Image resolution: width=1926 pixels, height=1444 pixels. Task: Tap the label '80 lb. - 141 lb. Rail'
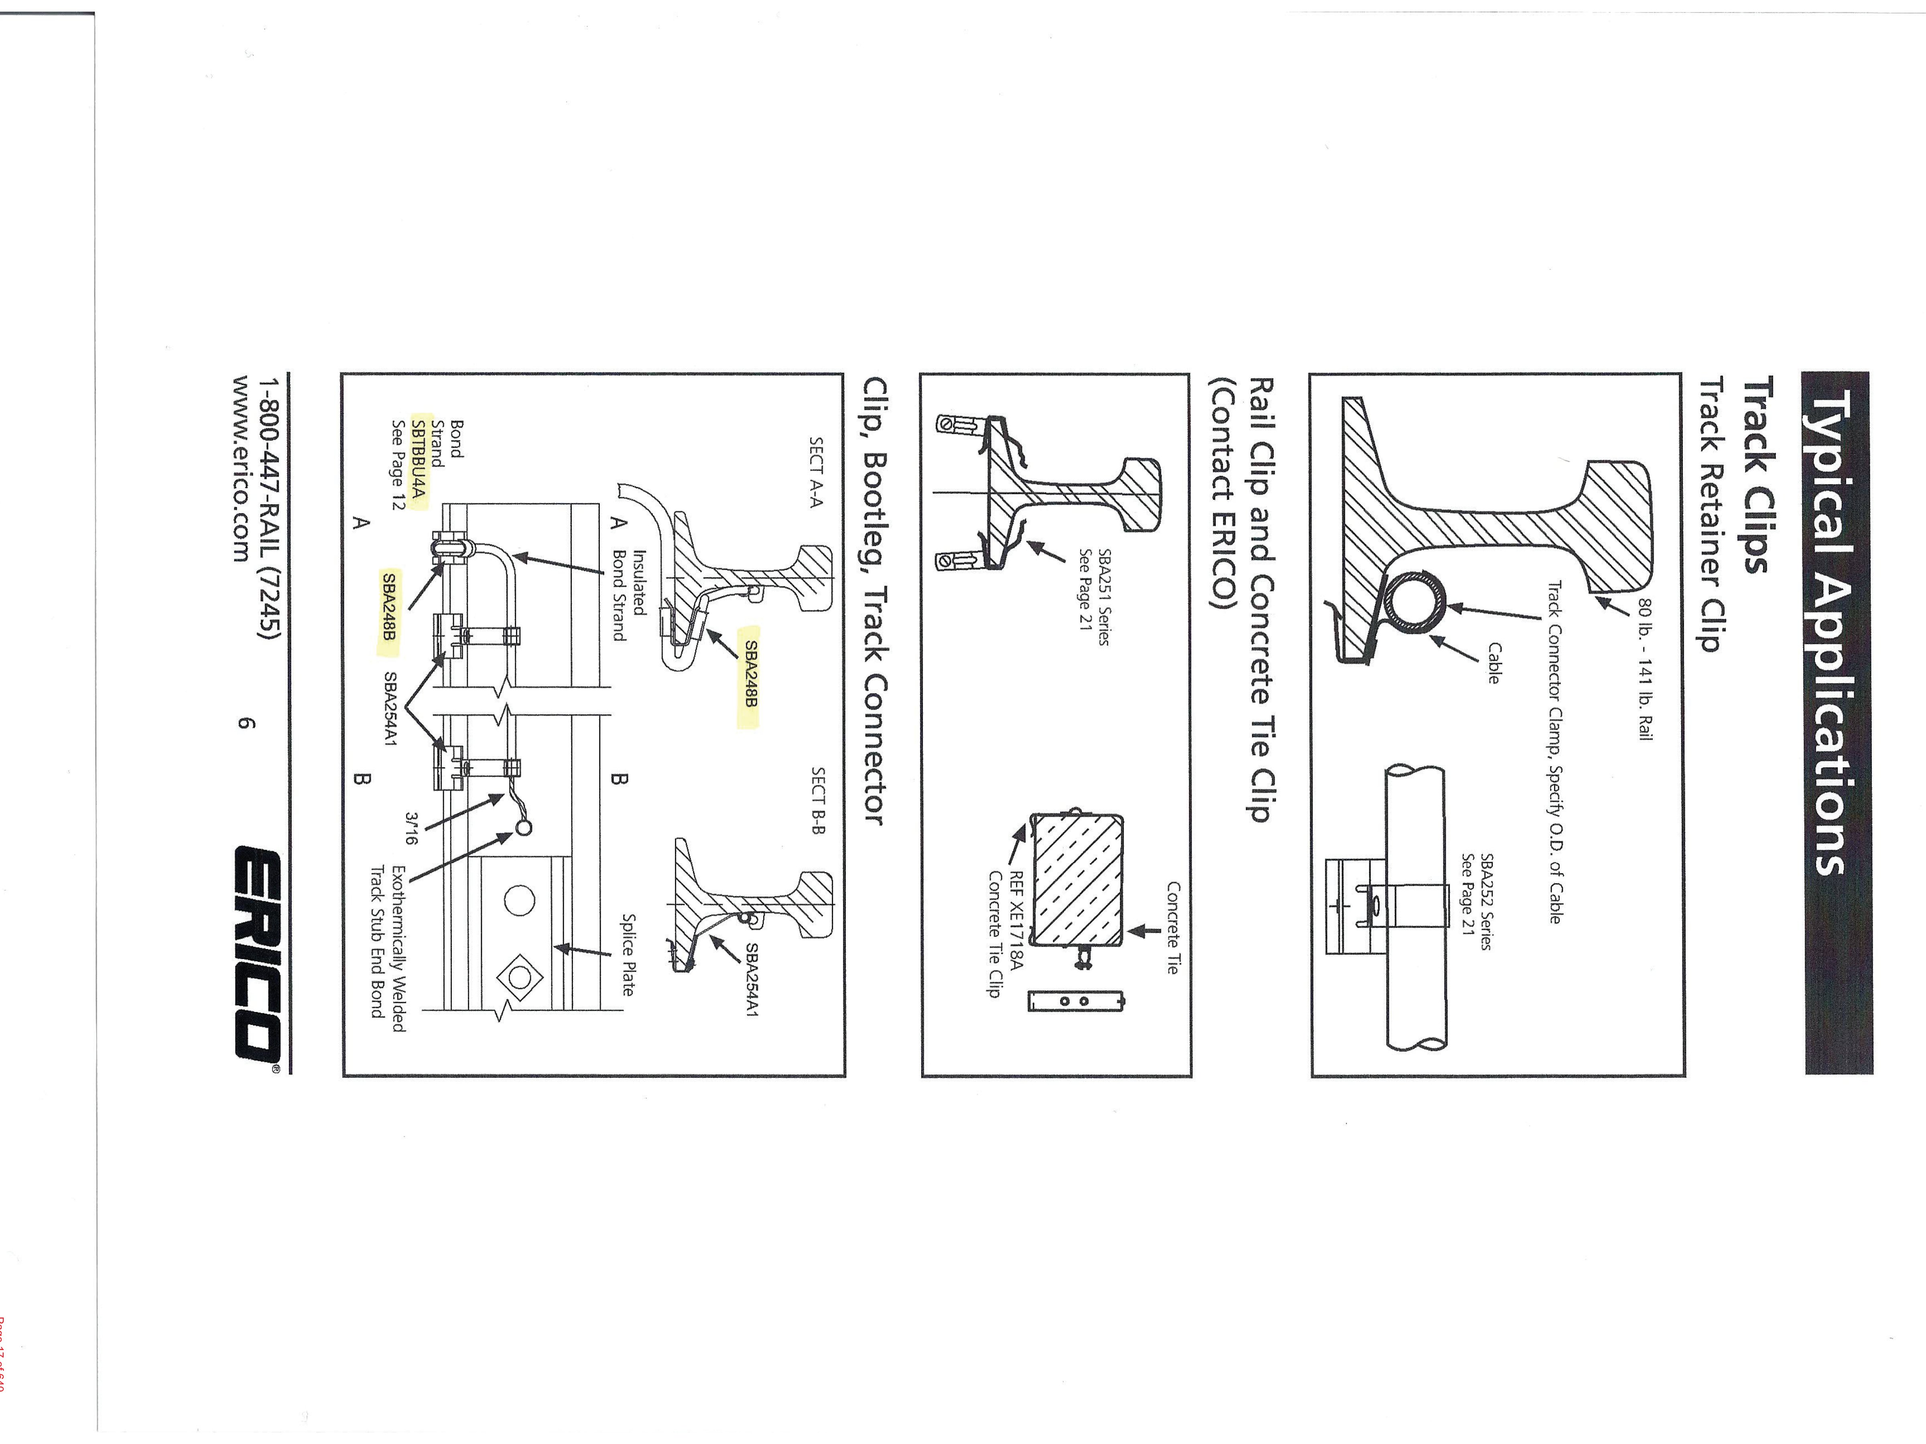point(1644,669)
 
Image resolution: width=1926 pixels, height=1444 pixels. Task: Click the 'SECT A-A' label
point(816,472)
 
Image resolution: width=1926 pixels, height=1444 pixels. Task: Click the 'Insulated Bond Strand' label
point(629,594)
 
